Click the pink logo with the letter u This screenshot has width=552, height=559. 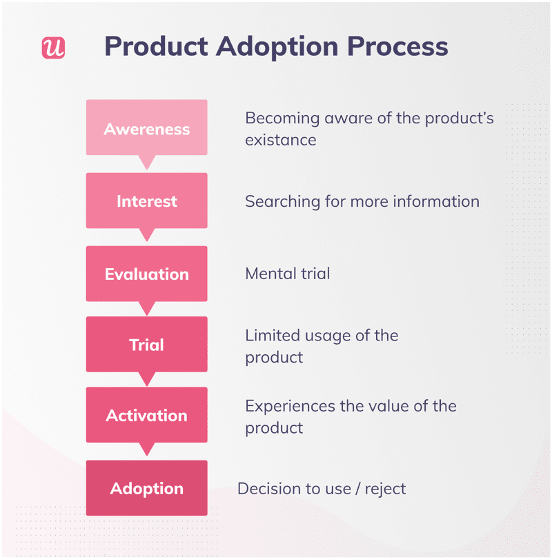pos(53,47)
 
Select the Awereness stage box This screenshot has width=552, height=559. pos(146,128)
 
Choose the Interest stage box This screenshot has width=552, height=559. pos(146,201)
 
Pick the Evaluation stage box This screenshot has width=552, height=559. pos(146,274)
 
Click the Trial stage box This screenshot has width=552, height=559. pos(146,345)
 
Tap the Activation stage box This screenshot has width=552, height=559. pos(146,416)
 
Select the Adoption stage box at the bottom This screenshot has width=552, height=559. pos(146,489)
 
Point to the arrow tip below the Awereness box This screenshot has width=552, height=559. pos(146,164)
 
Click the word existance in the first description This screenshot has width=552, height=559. pos(280,140)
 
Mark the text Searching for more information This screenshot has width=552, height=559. pos(362,201)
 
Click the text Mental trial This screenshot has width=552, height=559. pos(287,274)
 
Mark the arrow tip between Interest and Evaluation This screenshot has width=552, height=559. pos(146,237)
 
